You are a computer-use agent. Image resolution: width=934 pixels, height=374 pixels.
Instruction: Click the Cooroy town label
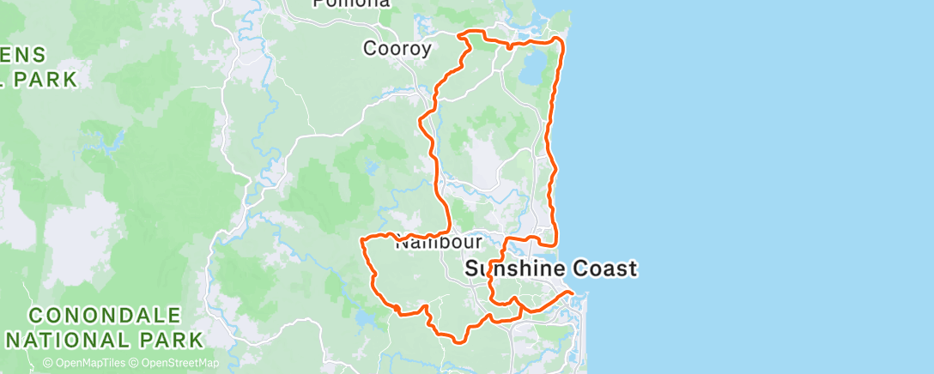(x=397, y=49)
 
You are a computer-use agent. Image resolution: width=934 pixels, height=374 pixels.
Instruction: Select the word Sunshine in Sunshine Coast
(x=512, y=269)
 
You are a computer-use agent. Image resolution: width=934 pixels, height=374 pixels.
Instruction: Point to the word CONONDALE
(x=104, y=316)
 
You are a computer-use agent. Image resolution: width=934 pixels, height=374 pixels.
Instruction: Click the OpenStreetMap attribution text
(x=176, y=364)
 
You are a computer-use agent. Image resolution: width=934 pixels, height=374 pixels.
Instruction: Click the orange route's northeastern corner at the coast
(x=561, y=39)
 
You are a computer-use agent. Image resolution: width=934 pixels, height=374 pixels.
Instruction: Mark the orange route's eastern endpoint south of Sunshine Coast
(x=573, y=294)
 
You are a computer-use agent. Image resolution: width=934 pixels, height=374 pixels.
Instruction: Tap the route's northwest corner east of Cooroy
(x=464, y=34)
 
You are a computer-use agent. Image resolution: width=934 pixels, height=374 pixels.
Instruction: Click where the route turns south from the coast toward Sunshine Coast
(x=556, y=242)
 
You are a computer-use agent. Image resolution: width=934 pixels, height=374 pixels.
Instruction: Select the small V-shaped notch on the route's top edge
(x=510, y=46)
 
